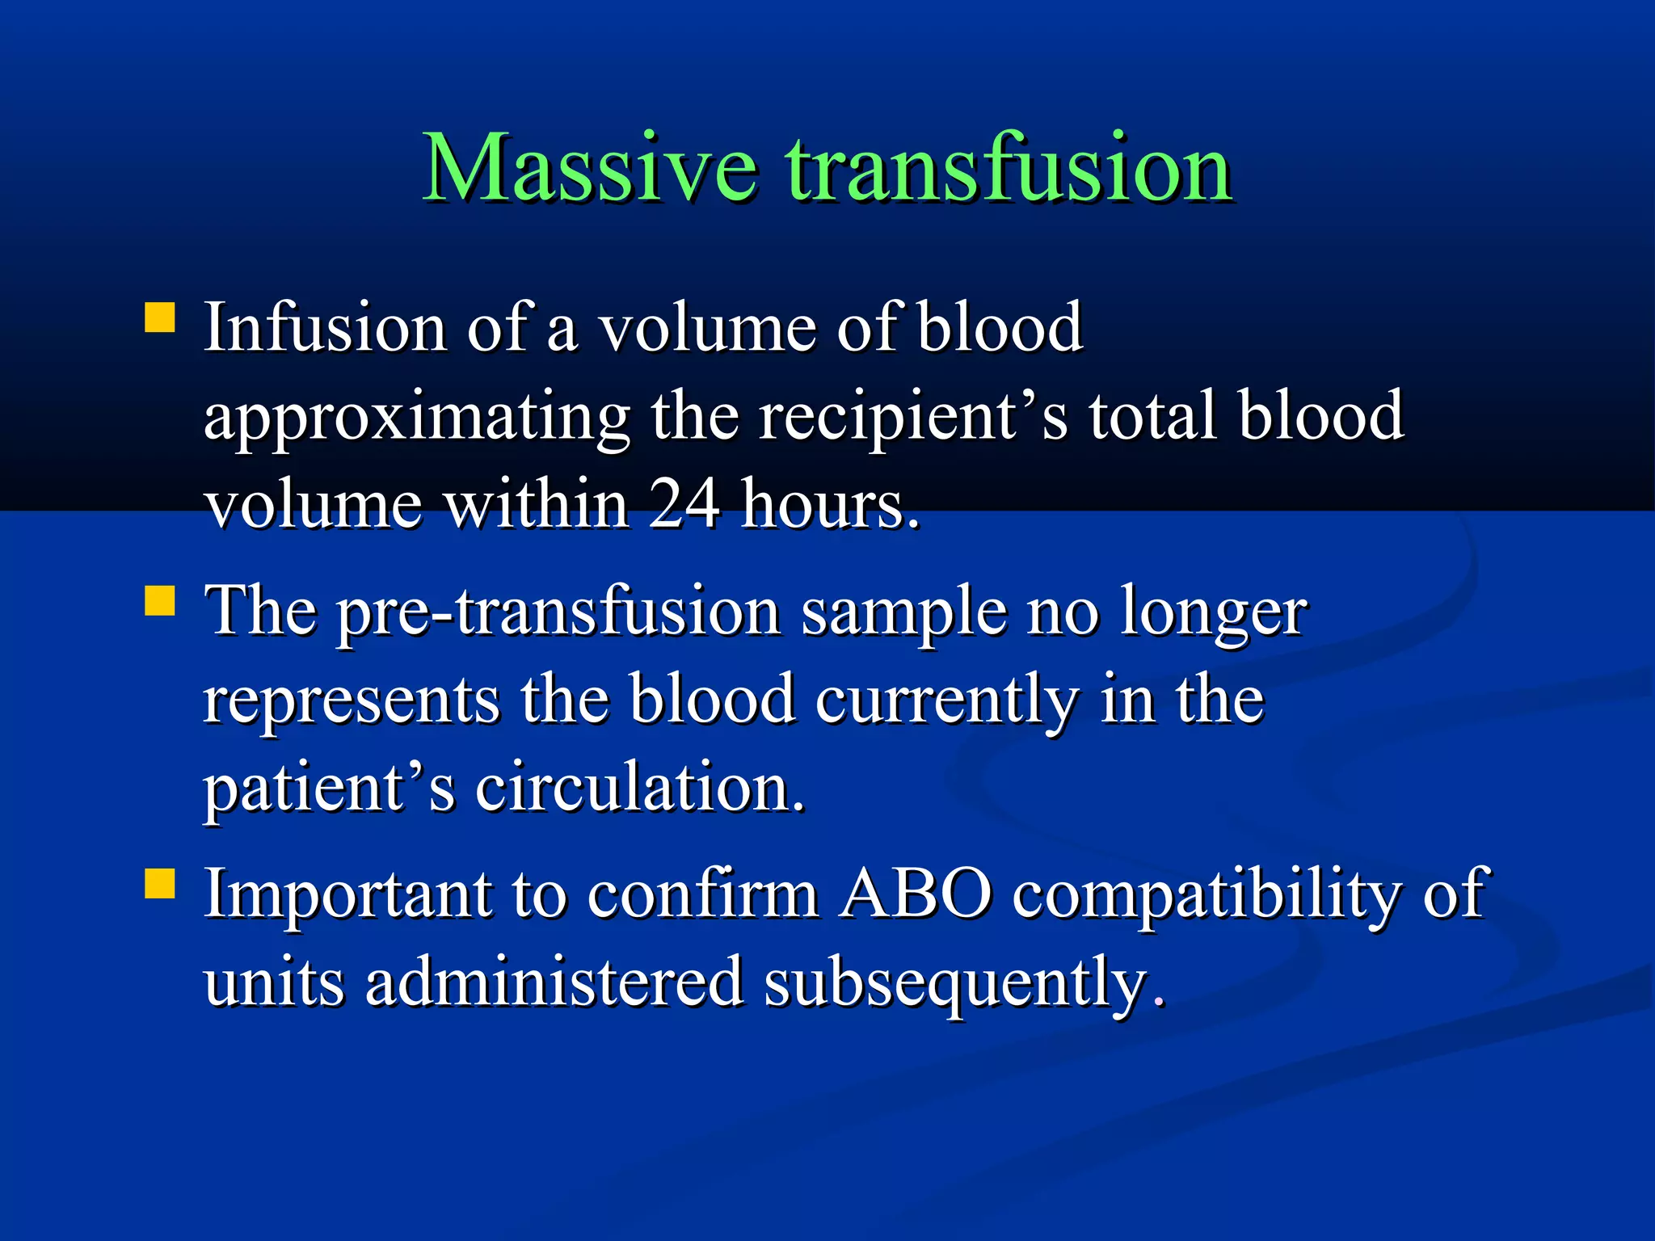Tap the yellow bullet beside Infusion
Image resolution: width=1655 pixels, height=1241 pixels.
(x=160, y=318)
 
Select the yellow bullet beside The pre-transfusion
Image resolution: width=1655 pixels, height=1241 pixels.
(x=160, y=601)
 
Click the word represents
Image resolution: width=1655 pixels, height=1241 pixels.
(x=352, y=700)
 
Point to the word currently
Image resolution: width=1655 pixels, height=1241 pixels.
(x=946, y=701)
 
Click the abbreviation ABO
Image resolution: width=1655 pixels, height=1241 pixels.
(x=915, y=894)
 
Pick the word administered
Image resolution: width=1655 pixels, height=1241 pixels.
(x=554, y=982)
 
